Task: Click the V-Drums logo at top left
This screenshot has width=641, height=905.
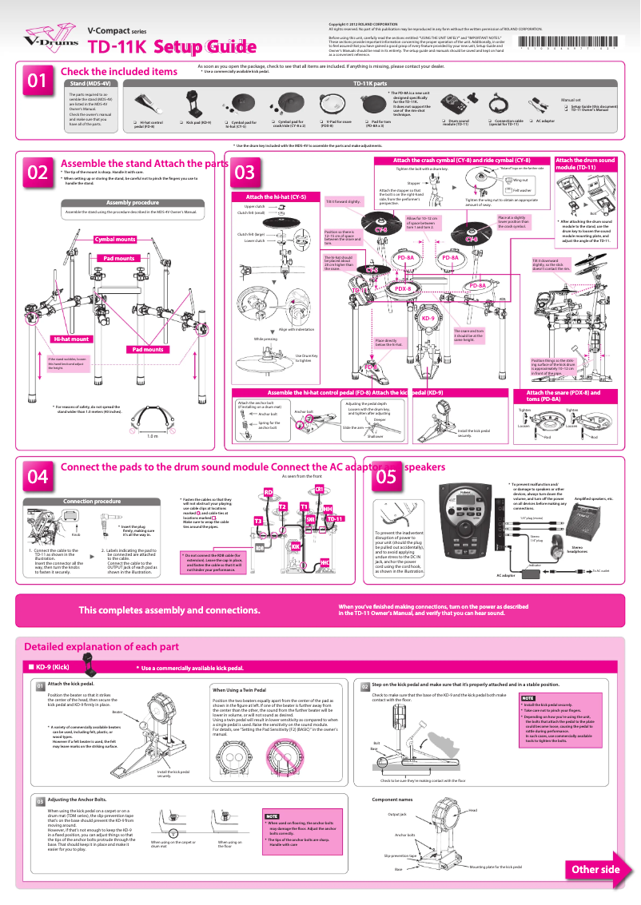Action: (x=40, y=35)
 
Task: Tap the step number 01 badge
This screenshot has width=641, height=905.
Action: (x=38, y=81)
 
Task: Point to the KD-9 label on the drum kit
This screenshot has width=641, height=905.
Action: (x=427, y=318)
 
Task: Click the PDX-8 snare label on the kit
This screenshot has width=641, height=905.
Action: (x=404, y=288)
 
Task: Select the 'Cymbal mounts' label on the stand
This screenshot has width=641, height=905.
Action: (x=115, y=239)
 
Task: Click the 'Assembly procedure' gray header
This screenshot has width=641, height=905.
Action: (x=132, y=202)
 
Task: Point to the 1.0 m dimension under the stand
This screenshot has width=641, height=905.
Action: (x=153, y=436)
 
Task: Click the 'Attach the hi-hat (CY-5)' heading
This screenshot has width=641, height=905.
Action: (x=270, y=196)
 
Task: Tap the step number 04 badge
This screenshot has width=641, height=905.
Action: (x=38, y=477)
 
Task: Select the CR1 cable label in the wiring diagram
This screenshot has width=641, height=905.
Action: (x=318, y=488)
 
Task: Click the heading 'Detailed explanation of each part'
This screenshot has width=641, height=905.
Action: (x=101, y=646)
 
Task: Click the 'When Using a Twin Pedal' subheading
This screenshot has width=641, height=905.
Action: (x=243, y=689)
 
